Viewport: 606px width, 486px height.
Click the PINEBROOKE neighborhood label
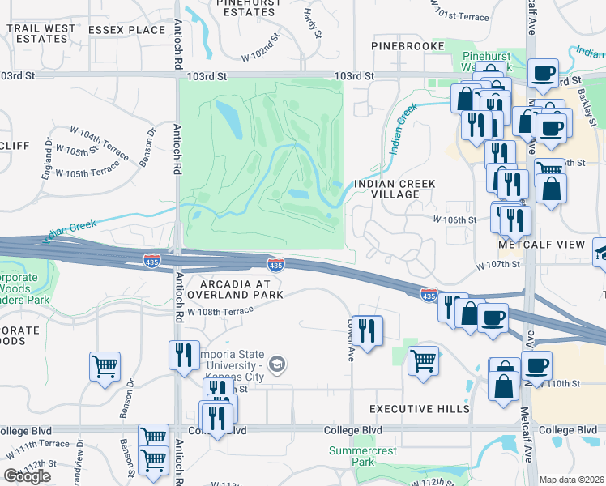[408, 46]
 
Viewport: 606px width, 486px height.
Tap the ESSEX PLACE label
[126, 30]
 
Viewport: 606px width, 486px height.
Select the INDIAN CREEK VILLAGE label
[395, 190]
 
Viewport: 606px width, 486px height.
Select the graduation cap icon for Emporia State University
[279, 364]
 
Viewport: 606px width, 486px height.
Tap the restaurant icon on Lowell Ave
[369, 330]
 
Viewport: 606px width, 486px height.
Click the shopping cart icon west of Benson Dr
[105, 367]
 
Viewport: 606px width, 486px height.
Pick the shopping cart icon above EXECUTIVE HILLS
[424, 360]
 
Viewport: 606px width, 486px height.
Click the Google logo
[27, 475]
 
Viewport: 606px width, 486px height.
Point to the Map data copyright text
[572, 480]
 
